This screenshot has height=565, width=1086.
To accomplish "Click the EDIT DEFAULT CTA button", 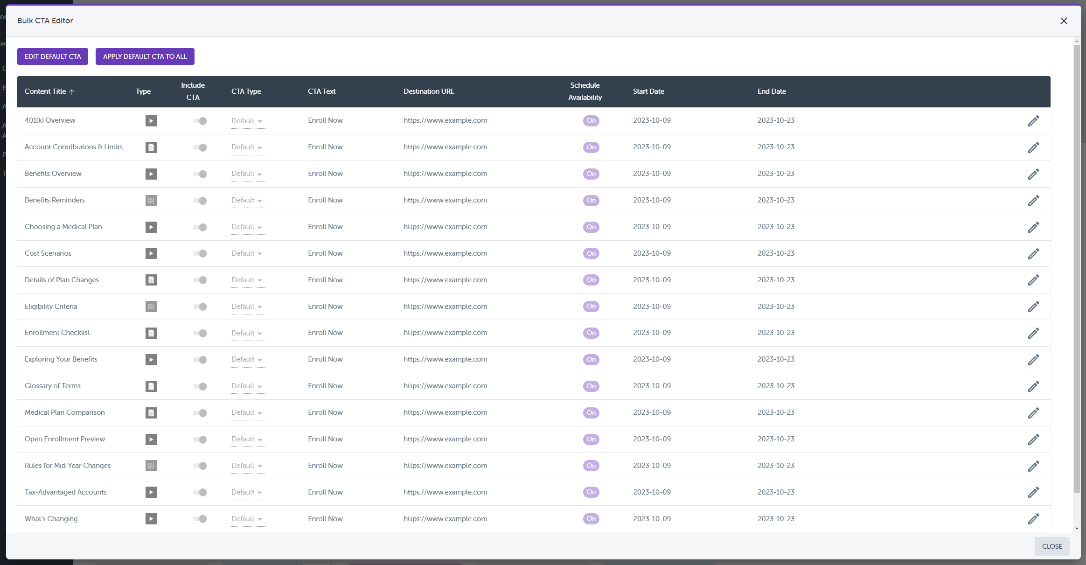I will [53, 56].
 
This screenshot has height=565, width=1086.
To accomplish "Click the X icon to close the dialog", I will [1064, 21].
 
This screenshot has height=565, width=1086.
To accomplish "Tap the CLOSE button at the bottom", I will [1051, 546].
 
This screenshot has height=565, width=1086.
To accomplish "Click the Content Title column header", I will [46, 91].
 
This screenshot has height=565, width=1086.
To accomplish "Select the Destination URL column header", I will [428, 91].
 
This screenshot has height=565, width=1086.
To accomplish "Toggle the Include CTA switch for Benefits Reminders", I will [200, 201].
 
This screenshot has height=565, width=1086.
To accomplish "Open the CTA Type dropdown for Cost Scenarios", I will [247, 253].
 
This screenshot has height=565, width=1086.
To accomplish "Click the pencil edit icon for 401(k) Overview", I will [1033, 121].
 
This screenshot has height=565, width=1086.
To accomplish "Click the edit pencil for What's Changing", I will [1033, 519].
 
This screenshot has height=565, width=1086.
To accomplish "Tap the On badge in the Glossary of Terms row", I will [591, 386].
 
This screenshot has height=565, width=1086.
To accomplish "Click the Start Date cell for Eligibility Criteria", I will [652, 307].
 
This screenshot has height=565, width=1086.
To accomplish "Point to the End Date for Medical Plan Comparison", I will [776, 412].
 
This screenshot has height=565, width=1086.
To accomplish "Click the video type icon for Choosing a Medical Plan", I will [151, 227].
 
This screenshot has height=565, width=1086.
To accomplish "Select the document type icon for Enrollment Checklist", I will [151, 333].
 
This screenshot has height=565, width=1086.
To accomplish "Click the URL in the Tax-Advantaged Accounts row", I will [445, 492].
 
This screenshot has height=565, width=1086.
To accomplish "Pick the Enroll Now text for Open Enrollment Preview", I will [325, 439].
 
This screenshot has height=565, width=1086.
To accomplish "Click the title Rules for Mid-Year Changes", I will [68, 466].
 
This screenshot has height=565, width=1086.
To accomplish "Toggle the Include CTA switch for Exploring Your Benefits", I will [200, 360].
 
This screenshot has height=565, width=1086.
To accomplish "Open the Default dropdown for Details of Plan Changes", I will [247, 280].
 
